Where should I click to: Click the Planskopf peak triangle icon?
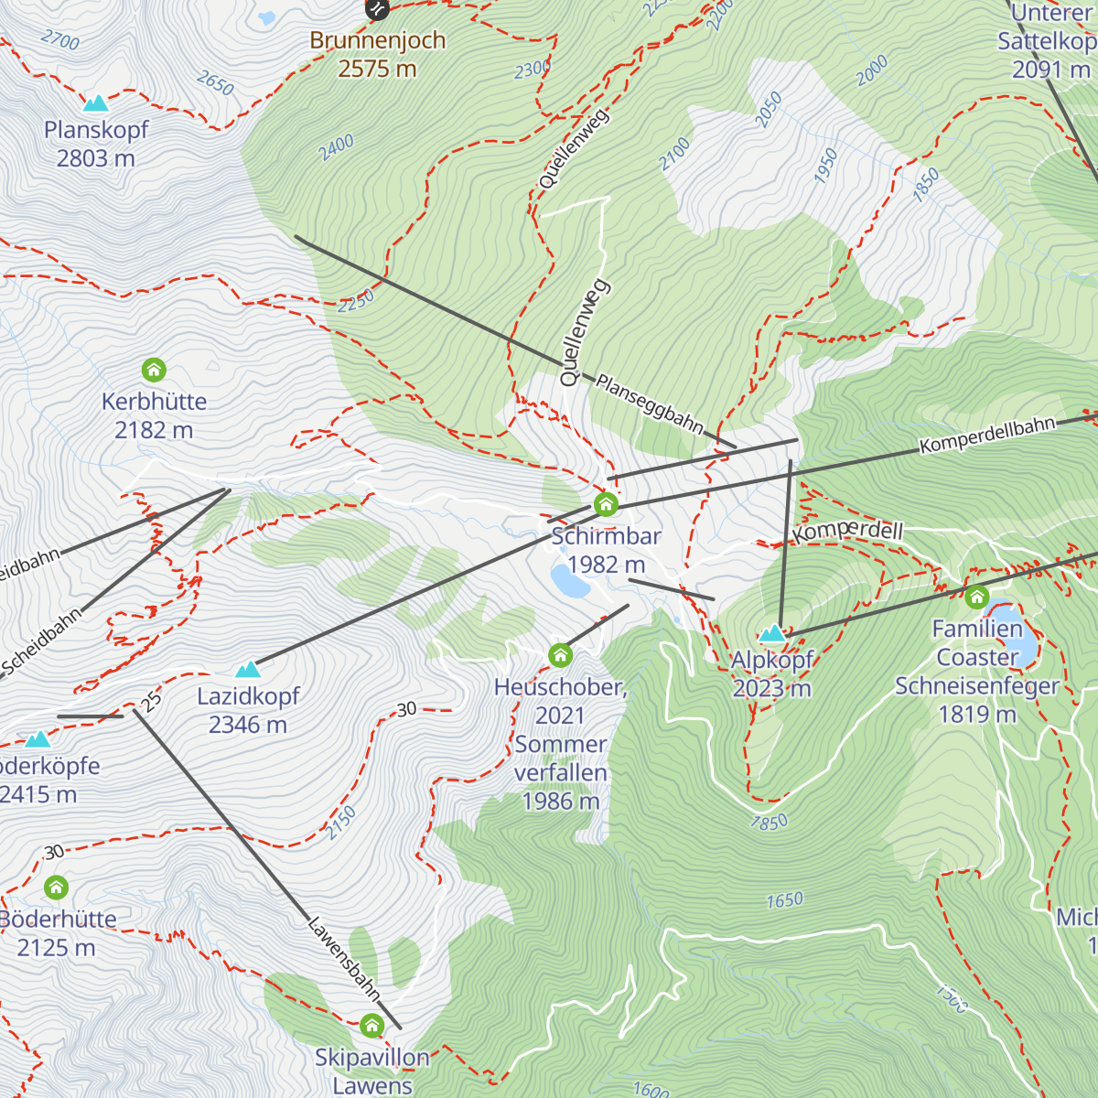tap(95, 103)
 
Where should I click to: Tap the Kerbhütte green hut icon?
tap(154, 370)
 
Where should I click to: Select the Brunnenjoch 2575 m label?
tap(377, 54)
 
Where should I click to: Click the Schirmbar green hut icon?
tap(606, 504)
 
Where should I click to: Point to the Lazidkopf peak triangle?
tap(248, 670)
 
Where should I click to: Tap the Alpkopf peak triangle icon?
tap(773, 632)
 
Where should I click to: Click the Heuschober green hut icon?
tap(560, 655)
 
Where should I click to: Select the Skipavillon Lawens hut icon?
tap(371, 1025)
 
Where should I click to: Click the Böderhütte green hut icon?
tap(57, 887)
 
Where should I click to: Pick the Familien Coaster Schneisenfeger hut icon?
tap(976, 597)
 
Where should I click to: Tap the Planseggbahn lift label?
tap(650, 404)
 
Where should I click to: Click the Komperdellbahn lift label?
tap(987, 436)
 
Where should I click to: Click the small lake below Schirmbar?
tap(570, 580)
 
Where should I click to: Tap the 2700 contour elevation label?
tap(60, 39)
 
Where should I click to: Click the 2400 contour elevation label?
tap(337, 146)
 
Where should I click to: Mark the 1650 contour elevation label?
tap(784, 900)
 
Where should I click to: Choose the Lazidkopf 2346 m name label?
tap(248, 710)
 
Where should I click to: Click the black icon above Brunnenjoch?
tap(377, 9)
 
